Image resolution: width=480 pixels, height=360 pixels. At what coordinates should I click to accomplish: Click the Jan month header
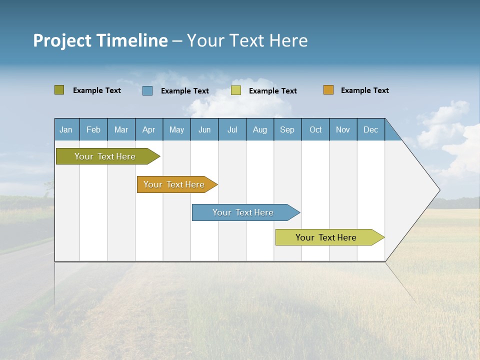pos(66,129)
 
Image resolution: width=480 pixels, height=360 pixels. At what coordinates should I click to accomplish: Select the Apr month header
pos(149,129)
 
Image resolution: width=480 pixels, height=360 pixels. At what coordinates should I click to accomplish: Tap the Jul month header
pos(232,129)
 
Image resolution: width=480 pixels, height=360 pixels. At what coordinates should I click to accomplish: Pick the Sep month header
pos(287,129)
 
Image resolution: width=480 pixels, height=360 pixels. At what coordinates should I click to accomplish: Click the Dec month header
pos(370,129)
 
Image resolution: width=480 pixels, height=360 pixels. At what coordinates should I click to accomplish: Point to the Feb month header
pos(93,129)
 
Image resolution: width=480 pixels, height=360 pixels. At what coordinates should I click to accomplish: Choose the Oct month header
pos(315,129)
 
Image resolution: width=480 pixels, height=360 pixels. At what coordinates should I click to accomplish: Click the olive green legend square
pos(59,90)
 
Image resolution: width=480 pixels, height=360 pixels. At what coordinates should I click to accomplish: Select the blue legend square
pos(147,90)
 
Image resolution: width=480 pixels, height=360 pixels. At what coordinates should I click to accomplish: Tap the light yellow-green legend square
pos(236,90)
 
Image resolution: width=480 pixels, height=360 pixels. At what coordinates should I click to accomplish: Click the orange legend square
pos(328,90)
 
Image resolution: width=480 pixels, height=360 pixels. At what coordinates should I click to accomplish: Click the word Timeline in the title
pos(132,40)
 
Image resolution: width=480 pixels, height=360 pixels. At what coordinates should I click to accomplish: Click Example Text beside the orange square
pos(364,90)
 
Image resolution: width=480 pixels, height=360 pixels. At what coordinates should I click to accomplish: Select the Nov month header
pos(343,129)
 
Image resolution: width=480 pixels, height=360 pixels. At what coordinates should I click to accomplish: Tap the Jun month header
pos(204,129)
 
